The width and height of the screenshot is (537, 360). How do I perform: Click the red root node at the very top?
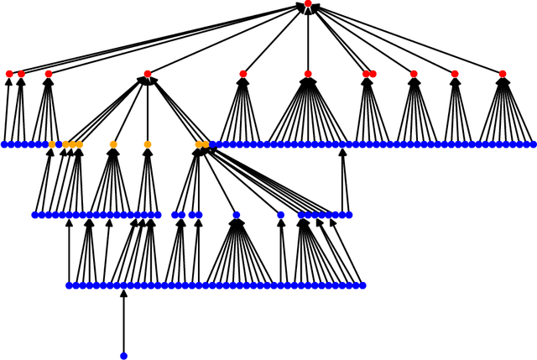click(308, 4)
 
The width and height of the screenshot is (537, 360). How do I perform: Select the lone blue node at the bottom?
click(123, 356)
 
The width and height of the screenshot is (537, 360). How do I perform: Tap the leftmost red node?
click(9, 74)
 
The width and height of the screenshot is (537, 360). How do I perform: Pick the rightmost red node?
click(503, 74)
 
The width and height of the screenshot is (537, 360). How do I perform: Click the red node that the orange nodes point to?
click(148, 74)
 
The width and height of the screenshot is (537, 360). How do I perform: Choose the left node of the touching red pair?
click(366, 74)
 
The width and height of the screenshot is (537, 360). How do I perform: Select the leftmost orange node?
click(52, 144)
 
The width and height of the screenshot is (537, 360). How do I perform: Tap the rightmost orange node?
click(206, 144)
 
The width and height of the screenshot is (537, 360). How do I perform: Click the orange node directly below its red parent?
click(148, 144)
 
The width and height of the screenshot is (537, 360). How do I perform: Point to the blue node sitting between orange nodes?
click(59, 144)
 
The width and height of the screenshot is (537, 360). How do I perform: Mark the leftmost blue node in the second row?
click(4, 144)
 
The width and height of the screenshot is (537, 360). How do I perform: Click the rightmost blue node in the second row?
click(533, 144)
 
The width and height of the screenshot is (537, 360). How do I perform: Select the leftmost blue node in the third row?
click(35, 215)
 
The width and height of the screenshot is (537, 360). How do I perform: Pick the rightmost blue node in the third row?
click(349, 215)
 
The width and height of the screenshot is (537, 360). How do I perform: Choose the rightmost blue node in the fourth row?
click(362, 285)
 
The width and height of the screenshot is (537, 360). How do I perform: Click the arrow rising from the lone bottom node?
click(123, 323)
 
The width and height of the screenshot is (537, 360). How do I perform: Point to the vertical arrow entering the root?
click(308, 38)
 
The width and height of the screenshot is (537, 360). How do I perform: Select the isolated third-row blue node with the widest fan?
click(237, 215)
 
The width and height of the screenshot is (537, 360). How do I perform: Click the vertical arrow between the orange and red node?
click(148, 109)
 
